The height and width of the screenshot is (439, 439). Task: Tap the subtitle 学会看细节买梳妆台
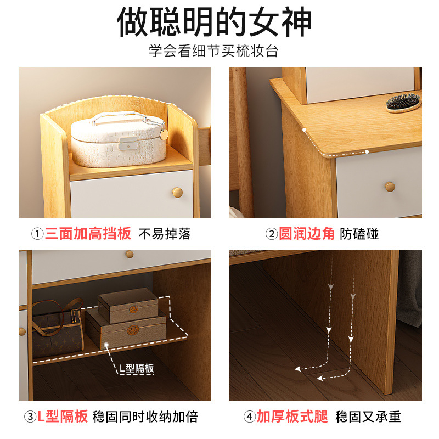(x=214, y=52)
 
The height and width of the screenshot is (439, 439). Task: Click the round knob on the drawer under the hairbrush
(x=390, y=187)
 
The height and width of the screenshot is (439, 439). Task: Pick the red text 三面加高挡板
(x=88, y=234)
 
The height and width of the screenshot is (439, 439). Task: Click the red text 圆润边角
(x=307, y=234)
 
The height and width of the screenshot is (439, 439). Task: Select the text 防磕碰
(x=359, y=234)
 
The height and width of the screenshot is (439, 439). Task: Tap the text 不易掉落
(x=165, y=234)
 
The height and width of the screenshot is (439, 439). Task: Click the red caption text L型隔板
(x=63, y=417)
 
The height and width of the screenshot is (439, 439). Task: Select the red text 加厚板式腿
(x=292, y=417)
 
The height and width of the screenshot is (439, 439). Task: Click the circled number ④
(x=250, y=417)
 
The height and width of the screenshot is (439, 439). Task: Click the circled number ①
(x=37, y=234)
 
